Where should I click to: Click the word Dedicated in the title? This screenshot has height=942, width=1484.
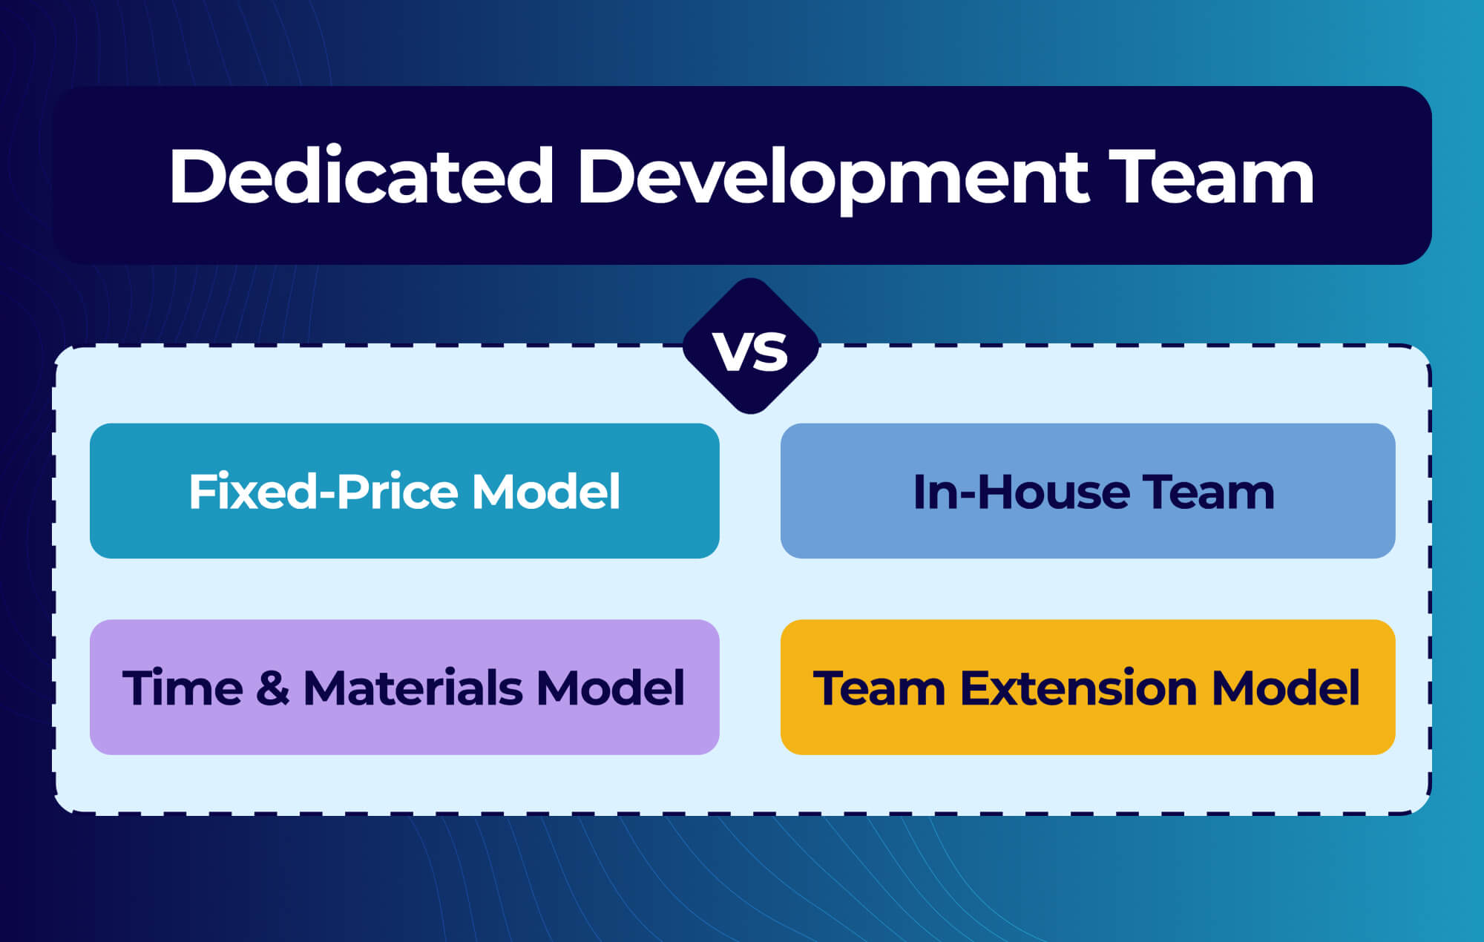pyautogui.click(x=361, y=177)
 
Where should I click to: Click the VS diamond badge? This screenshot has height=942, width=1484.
pyautogui.click(x=750, y=347)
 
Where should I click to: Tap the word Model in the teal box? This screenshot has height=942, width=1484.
pyautogui.click(x=546, y=492)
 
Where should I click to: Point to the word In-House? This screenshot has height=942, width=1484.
pyautogui.click(x=1020, y=492)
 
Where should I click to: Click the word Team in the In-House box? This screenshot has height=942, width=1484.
pyautogui.click(x=1208, y=492)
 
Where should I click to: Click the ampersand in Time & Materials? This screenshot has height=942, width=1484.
pyautogui.click(x=272, y=688)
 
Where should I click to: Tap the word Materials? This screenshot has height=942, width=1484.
pyautogui.click(x=413, y=688)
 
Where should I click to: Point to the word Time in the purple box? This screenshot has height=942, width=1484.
pyautogui.click(x=183, y=688)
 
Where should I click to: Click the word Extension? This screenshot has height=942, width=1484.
pyautogui.click(x=1078, y=688)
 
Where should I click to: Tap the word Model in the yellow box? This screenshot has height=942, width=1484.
pyautogui.click(x=1285, y=688)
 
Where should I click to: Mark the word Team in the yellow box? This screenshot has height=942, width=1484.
pyautogui.click(x=879, y=688)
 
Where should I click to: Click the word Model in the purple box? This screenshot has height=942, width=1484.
pyautogui.click(x=610, y=688)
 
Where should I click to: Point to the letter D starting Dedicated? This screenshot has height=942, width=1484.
pyautogui.click(x=195, y=177)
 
